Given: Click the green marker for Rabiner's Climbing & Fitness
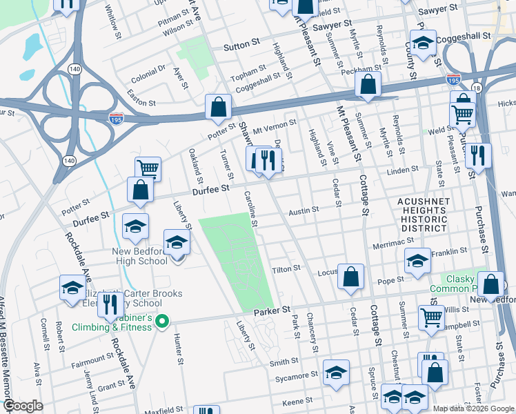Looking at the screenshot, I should (162, 322).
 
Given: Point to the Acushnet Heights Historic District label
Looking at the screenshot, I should (423, 215).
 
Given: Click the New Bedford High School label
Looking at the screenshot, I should (149, 257).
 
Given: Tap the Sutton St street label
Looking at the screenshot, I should (241, 48).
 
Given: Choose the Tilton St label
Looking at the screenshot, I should (286, 268).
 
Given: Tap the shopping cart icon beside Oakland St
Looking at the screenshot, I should (148, 168).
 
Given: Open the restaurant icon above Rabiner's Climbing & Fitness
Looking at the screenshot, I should (110, 304).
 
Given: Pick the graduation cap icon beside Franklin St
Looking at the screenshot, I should (417, 261).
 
